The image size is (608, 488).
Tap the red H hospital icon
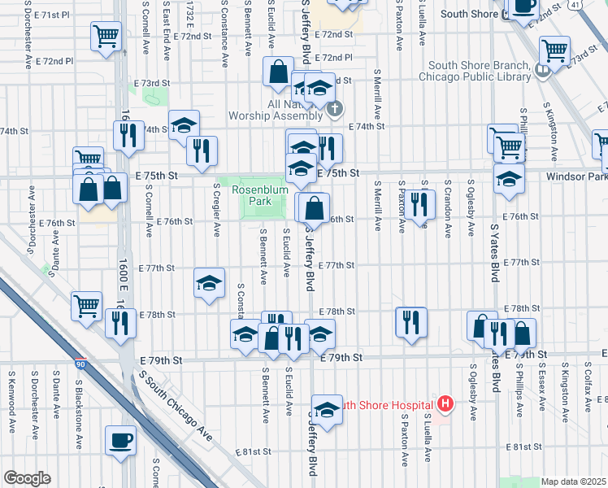[445, 403]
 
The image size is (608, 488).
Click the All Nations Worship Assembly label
[301, 111]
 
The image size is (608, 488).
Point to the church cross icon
[334, 109]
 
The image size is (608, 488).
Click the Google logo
[26, 478]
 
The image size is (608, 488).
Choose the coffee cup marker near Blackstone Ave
[121, 440]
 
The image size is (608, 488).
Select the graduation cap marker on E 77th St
[209, 283]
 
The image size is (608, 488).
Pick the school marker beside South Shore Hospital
[327, 411]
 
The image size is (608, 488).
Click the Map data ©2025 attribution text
[572, 481]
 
